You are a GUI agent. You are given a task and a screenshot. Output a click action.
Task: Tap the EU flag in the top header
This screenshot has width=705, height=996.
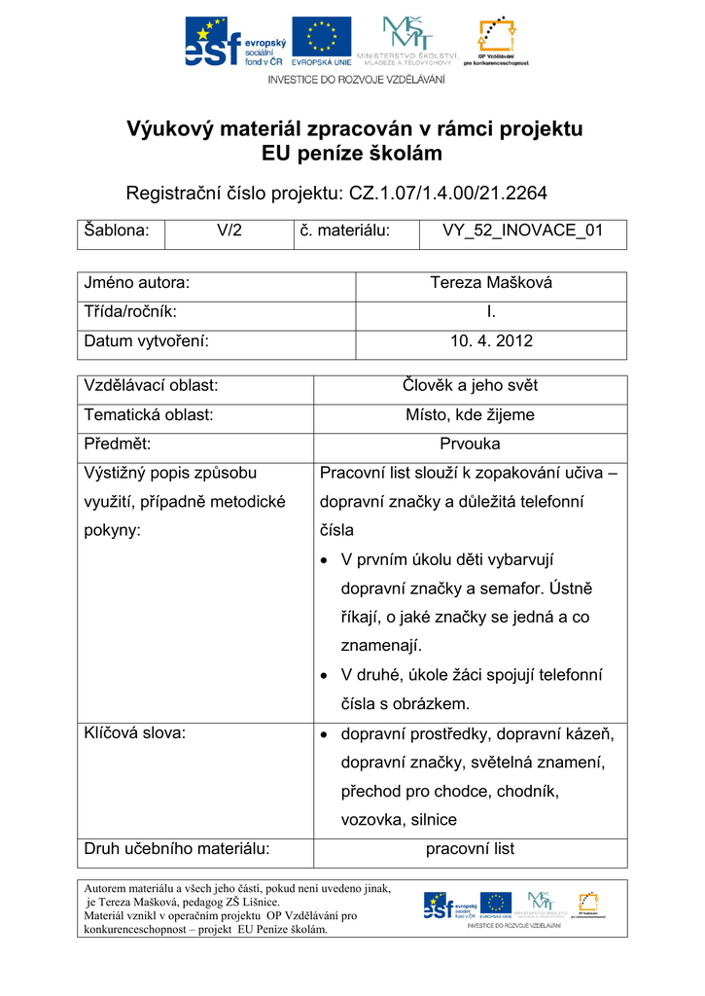(x=321, y=40)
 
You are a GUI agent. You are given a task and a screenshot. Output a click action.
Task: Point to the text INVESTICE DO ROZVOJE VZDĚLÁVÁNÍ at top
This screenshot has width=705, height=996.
(x=356, y=79)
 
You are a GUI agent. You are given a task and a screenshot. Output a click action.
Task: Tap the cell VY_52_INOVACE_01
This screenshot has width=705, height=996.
(x=522, y=231)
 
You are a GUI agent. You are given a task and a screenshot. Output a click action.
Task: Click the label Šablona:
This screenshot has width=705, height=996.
(x=117, y=231)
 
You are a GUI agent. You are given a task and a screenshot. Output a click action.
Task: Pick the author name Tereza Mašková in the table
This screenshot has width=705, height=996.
(x=491, y=283)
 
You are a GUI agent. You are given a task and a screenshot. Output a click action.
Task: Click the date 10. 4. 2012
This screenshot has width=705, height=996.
(x=491, y=341)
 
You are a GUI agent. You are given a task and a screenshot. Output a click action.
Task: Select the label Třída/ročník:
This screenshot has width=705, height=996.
(x=130, y=312)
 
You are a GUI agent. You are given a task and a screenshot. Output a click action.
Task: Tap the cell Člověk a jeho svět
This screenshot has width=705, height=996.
(x=470, y=385)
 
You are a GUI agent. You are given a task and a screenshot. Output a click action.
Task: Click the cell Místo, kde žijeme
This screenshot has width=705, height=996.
(x=470, y=414)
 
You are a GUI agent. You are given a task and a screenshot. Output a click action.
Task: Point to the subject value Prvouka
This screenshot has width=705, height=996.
(x=470, y=444)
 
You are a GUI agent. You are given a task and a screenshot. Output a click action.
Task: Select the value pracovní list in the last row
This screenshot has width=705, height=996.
(x=470, y=849)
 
